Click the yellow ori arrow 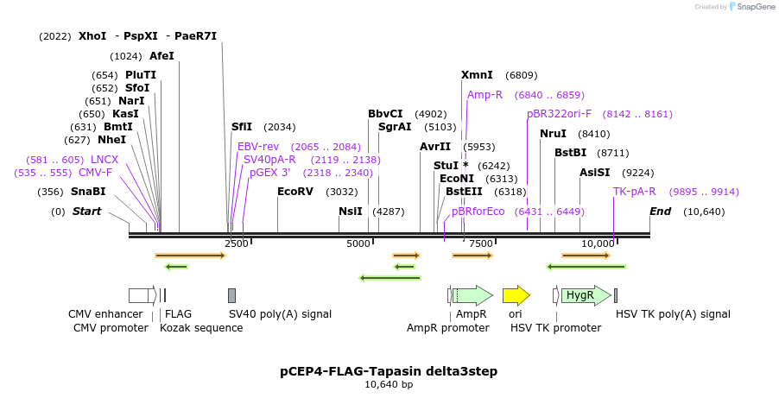516,295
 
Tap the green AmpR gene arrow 472,295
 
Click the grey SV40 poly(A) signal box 231,295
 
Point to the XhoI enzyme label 92,36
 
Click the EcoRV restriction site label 295,192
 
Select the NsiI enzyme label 351,212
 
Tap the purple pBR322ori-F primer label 560,114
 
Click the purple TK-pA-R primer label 635,192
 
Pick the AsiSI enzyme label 595,173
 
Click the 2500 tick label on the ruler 237,243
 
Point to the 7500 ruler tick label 481,243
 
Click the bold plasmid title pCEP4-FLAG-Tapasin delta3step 389,371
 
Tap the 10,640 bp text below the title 389,384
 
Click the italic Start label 87,212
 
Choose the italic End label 661,212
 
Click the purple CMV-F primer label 95,173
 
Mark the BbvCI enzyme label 385,114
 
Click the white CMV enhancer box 138,295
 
